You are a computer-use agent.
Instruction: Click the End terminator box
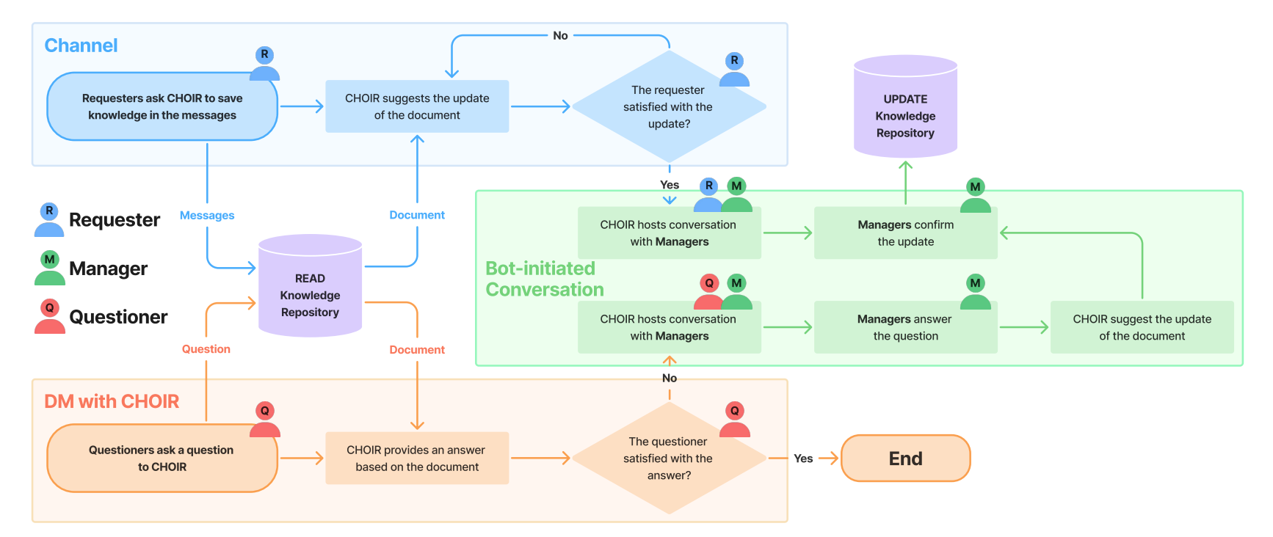(x=905, y=459)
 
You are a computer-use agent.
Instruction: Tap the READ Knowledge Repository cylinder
(x=310, y=286)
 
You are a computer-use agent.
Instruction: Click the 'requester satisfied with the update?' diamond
(x=669, y=106)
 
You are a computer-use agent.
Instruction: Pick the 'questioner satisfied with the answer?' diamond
(x=669, y=458)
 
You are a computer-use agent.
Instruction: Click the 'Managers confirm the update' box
(x=905, y=233)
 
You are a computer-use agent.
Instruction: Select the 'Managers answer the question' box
(x=905, y=327)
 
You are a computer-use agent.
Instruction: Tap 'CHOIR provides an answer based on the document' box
(x=417, y=458)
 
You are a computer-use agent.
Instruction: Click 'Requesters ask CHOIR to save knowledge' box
(x=162, y=106)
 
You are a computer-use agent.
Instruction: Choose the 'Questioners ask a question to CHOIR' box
(x=162, y=458)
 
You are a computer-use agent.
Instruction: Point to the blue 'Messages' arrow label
(x=207, y=216)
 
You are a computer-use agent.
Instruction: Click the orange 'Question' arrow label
(x=206, y=349)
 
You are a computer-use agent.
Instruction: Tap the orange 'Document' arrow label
(x=417, y=350)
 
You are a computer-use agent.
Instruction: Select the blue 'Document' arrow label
(x=417, y=215)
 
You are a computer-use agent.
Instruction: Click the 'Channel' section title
(x=81, y=45)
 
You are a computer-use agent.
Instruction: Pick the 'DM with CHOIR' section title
(x=112, y=401)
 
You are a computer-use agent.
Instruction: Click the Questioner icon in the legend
(x=50, y=317)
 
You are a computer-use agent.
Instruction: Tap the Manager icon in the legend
(x=50, y=268)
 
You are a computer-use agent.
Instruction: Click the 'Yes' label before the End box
(x=803, y=459)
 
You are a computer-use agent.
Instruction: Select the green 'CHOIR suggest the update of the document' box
(x=1142, y=327)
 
